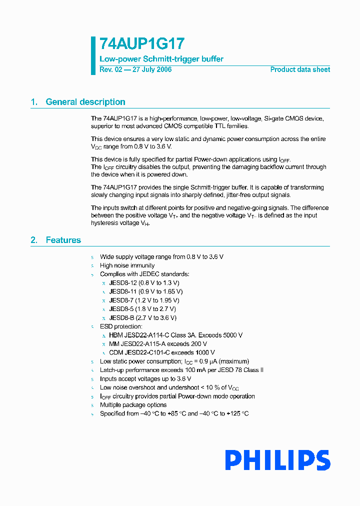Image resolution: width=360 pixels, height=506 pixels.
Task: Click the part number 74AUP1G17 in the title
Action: coord(135,44)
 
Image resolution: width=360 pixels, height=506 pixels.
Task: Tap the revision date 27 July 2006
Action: coord(151,69)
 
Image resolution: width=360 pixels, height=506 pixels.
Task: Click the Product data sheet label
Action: coord(300,69)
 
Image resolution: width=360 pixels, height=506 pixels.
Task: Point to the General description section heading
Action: coord(85,102)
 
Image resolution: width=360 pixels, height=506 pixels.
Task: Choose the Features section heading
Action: coord(63,240)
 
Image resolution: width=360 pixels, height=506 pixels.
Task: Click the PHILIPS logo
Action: coord(277,460)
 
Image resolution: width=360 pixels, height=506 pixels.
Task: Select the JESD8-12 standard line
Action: coord(144,283)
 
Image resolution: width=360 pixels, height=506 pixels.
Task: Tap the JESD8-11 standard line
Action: coord(146,291)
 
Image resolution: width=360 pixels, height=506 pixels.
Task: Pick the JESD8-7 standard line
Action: coord(144,300)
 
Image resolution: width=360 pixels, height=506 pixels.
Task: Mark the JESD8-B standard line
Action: coord(142,318)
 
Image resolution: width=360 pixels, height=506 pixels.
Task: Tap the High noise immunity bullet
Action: coord(127,265)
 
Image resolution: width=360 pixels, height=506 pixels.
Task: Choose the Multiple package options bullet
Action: coord(133,405)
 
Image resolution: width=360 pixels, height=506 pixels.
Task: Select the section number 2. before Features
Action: coord(34,240)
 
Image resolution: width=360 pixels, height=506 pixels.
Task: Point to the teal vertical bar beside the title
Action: coord(93,55)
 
